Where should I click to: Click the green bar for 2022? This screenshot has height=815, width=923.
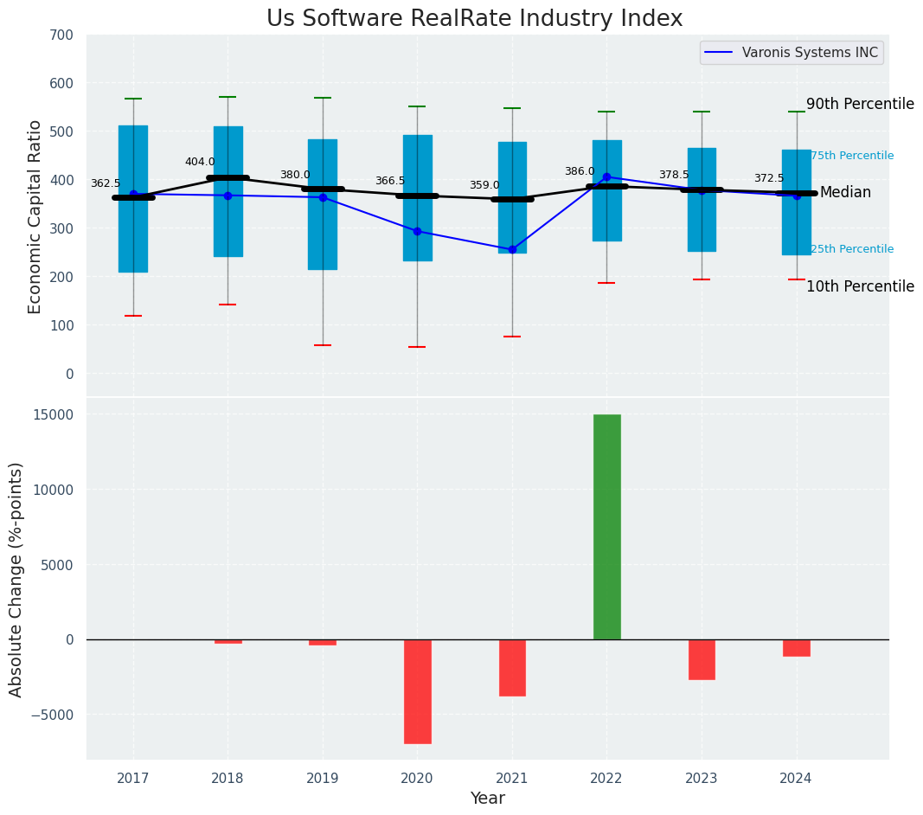point(606,527)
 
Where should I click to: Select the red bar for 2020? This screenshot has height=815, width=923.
point(417,691)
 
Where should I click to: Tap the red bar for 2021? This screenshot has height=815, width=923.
point(512,667)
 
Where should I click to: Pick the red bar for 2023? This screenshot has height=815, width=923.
point(702,659)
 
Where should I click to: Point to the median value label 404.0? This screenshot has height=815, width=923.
point(200,162)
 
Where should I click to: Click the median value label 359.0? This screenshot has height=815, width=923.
point(484,185)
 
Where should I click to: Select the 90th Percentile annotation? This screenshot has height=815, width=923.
point(860,104)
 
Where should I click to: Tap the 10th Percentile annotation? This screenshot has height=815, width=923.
point(860,286)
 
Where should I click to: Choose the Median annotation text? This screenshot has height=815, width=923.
point(845,192)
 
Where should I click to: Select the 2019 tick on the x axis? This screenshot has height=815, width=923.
point(323,778)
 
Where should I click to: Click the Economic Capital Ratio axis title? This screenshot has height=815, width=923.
point(35,217)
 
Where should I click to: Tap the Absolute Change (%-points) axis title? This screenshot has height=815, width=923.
point(16,579)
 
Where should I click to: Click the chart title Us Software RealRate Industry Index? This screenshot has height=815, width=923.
point(474,18)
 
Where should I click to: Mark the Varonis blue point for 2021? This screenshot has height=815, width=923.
point(512,249)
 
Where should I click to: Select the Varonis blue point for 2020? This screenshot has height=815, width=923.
point(417,231)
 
